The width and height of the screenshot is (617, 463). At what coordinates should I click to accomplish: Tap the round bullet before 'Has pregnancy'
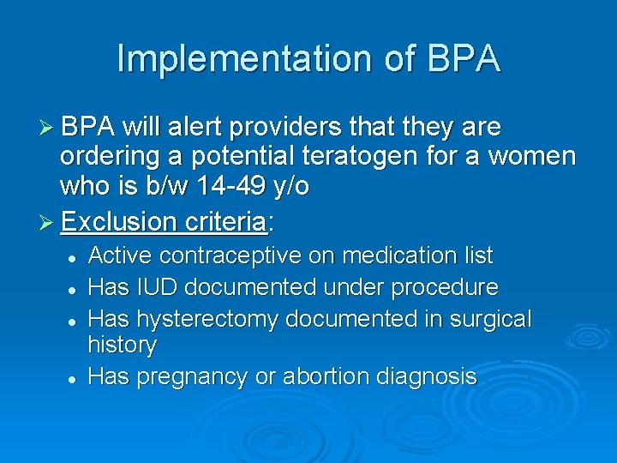(76, 378)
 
